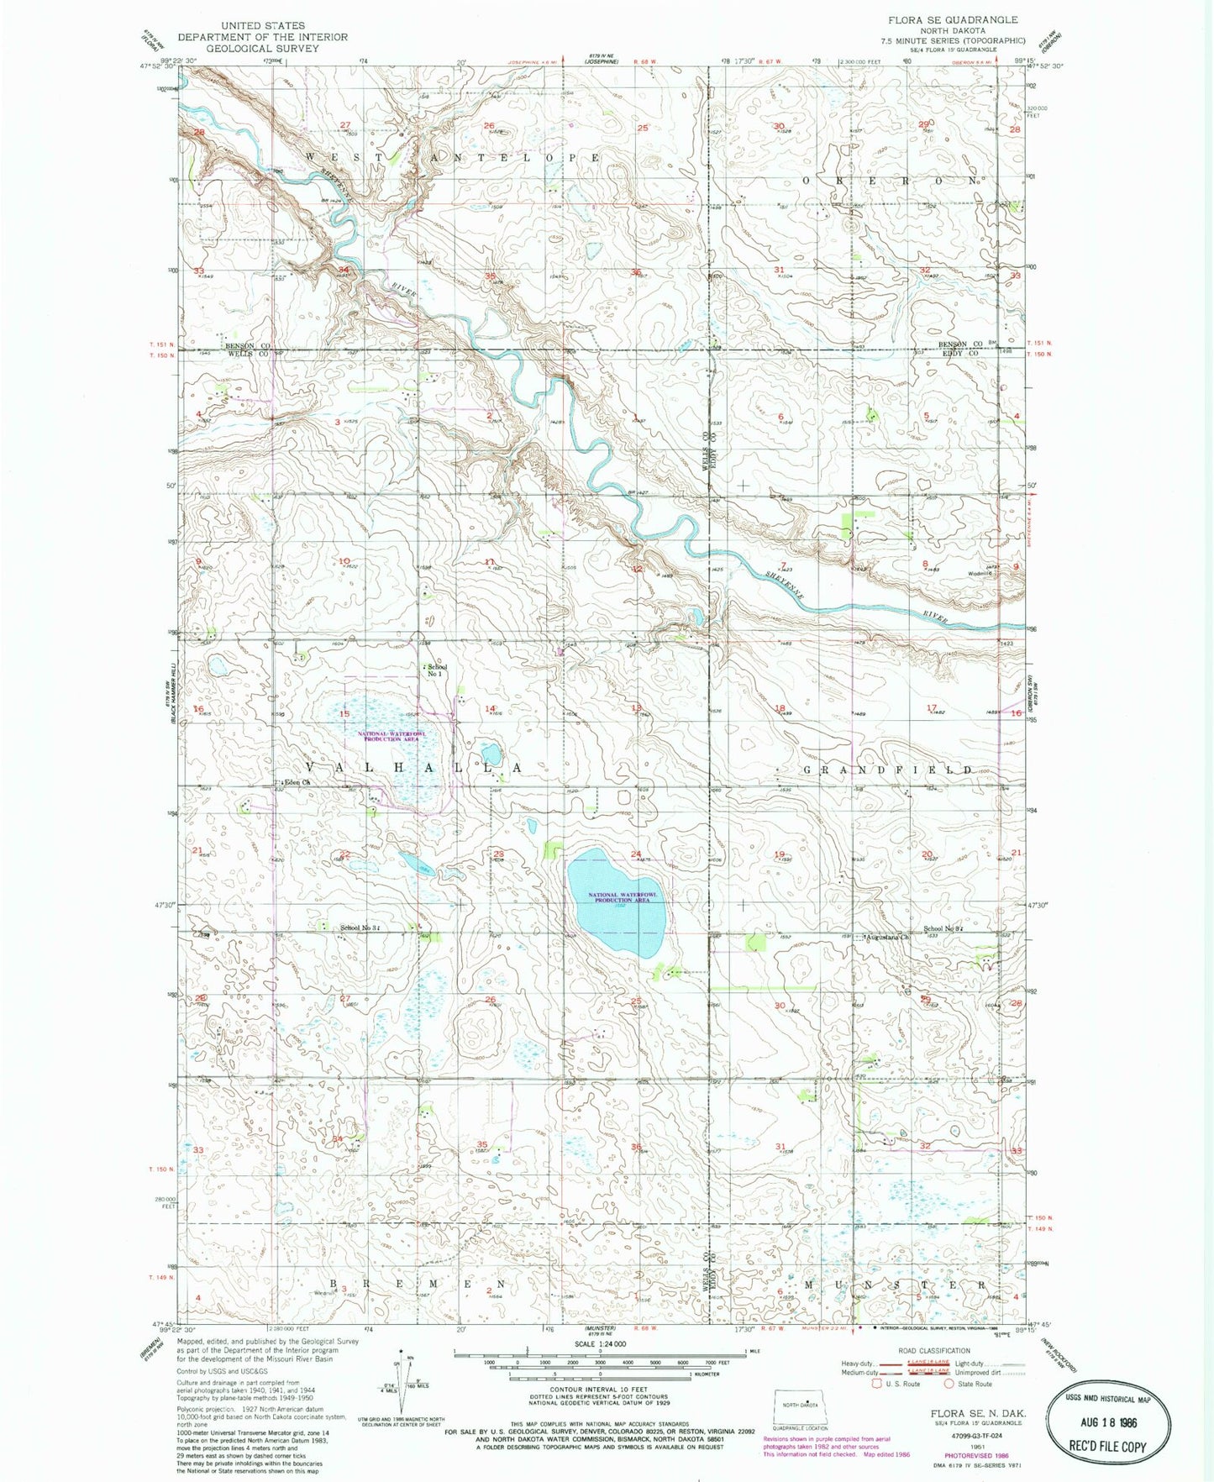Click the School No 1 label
[x=436, y=670]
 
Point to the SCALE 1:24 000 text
[x=600, y=1344]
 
